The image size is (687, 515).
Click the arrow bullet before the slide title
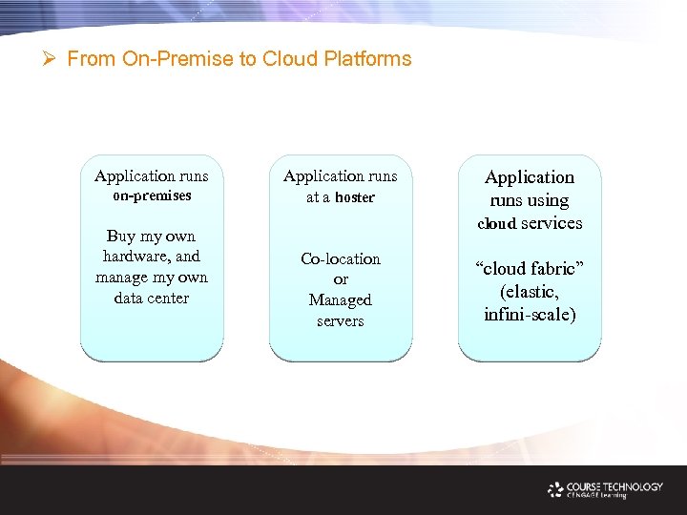52,59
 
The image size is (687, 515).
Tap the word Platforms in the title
367,59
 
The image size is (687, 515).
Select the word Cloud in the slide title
292,59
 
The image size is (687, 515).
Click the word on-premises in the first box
152,196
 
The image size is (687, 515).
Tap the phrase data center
152,298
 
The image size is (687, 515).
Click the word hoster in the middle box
354,197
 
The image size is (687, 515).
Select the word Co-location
341,258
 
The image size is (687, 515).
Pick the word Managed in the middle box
341,299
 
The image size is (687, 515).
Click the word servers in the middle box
341,320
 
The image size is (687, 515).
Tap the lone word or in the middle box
341,279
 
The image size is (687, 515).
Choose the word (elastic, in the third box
531,292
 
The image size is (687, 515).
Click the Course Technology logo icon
555,489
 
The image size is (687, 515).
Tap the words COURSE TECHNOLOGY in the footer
615,486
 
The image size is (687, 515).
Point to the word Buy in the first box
121,236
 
